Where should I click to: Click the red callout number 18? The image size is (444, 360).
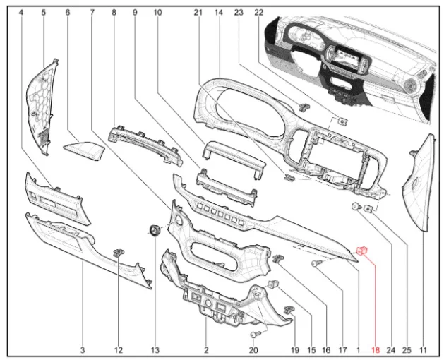click(x=376, y=349)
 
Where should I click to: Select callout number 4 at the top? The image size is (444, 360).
click(x=21, y=13)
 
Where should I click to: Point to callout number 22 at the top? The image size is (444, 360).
click(x=258, y=13)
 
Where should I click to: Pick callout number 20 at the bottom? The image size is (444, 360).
click(x=254, y=349)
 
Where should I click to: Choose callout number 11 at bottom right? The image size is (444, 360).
click(x=424, y=349)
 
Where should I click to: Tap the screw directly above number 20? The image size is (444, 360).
click(x=256, y=332)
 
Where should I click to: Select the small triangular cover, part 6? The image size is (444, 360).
click(x=85, y=148)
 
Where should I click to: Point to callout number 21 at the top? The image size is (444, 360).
click(x=198, y=13)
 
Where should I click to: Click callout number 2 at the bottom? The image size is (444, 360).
click(x=206, y=349)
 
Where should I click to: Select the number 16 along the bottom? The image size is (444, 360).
click(x=326, y=349)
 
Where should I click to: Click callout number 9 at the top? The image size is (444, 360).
click(x=134, y=13)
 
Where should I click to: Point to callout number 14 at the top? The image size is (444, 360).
click(x=219, y=13)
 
